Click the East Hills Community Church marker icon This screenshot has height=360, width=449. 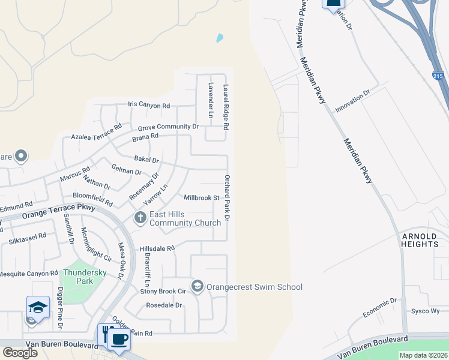tap(140, 218)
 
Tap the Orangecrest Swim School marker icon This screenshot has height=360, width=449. tap(197, 286)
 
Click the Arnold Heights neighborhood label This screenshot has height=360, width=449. tap(420, 240)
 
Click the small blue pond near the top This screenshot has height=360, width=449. tap(220, 38)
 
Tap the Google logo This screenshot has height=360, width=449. tap(19, 353)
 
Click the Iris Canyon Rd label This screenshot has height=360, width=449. tap(149, 105)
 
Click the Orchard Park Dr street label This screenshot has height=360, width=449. tap(227, 199)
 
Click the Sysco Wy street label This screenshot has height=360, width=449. tap(425, 311)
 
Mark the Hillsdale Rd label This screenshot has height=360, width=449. tap(157, 248)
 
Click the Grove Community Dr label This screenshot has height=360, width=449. tap(168, 127)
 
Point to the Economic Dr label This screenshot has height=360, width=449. tap(380, 308)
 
